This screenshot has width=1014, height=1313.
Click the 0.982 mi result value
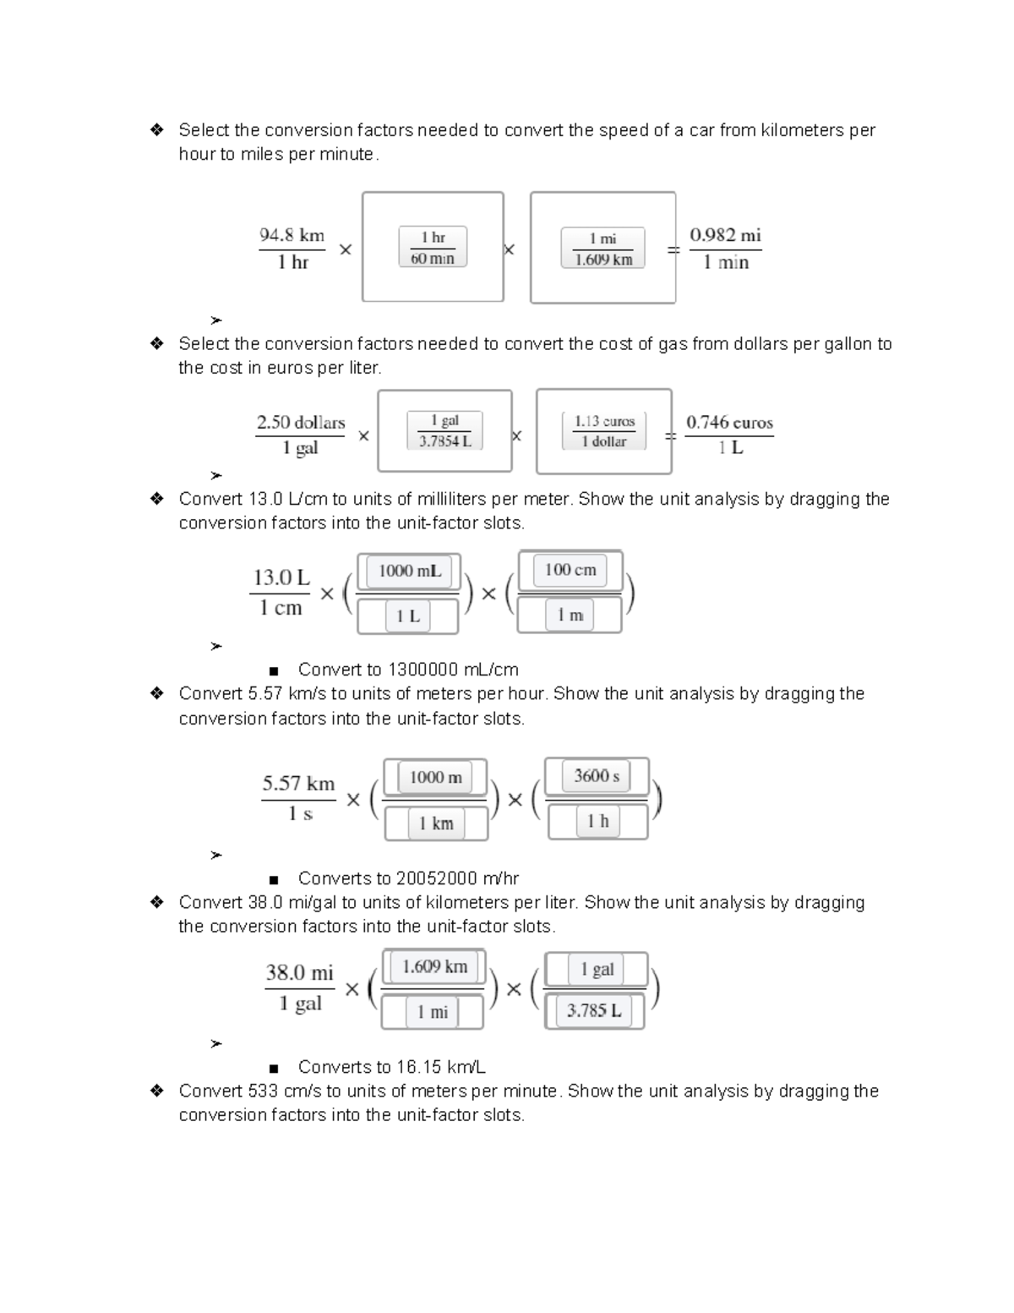[x=725, y=235]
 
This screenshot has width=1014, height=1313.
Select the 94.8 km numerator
[x=292, y=235]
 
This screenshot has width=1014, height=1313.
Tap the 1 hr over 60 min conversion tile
[x=433, y=248]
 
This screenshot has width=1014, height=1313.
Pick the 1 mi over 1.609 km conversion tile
[x=602, y=249]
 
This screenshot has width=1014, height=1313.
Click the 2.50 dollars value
[x=300, y=422]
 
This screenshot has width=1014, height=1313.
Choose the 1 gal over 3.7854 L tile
[x=444, y=430]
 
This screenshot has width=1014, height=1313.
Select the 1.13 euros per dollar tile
[x=603, y=431]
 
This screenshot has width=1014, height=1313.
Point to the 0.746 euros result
[x=729, y=422]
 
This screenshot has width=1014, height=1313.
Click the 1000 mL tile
[x=409, y=571]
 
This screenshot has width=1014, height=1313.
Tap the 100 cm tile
[x=570, y=570]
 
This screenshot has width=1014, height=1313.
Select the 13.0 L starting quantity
[x=281, y=577]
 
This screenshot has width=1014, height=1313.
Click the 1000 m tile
[x=435, y=777]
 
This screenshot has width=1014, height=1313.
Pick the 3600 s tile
[x=597, y=775]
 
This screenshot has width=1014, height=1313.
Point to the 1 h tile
[x=597, y=821]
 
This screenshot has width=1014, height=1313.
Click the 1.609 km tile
[x=434, y=966]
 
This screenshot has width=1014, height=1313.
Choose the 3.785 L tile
[x=594, y=1010]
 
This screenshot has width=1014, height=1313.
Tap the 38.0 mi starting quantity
[x=299, y=972]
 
